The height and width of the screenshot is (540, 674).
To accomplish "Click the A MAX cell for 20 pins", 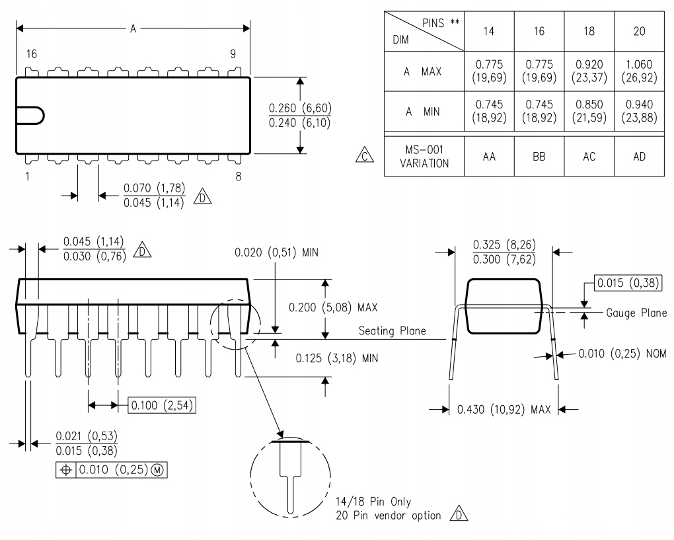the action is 639,71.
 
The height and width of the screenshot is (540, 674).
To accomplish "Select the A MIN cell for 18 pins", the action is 589,111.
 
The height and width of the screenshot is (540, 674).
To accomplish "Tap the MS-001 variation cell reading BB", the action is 539,156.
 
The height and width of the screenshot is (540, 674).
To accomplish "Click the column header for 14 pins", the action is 489,31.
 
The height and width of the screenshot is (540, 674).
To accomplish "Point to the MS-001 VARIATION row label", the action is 424,156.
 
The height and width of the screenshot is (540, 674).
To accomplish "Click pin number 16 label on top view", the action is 31,54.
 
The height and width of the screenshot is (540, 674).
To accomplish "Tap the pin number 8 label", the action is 238,176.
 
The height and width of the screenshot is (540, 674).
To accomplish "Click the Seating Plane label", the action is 392,330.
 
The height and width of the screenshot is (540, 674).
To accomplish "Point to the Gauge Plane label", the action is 636,313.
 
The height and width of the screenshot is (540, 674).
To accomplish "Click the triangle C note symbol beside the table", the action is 365,155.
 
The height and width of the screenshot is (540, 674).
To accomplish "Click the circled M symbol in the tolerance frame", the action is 158,470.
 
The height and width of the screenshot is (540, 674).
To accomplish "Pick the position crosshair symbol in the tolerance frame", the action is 66,470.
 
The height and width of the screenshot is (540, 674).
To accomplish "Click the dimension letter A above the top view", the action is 133,29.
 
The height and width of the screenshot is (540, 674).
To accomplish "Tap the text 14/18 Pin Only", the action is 373,502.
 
